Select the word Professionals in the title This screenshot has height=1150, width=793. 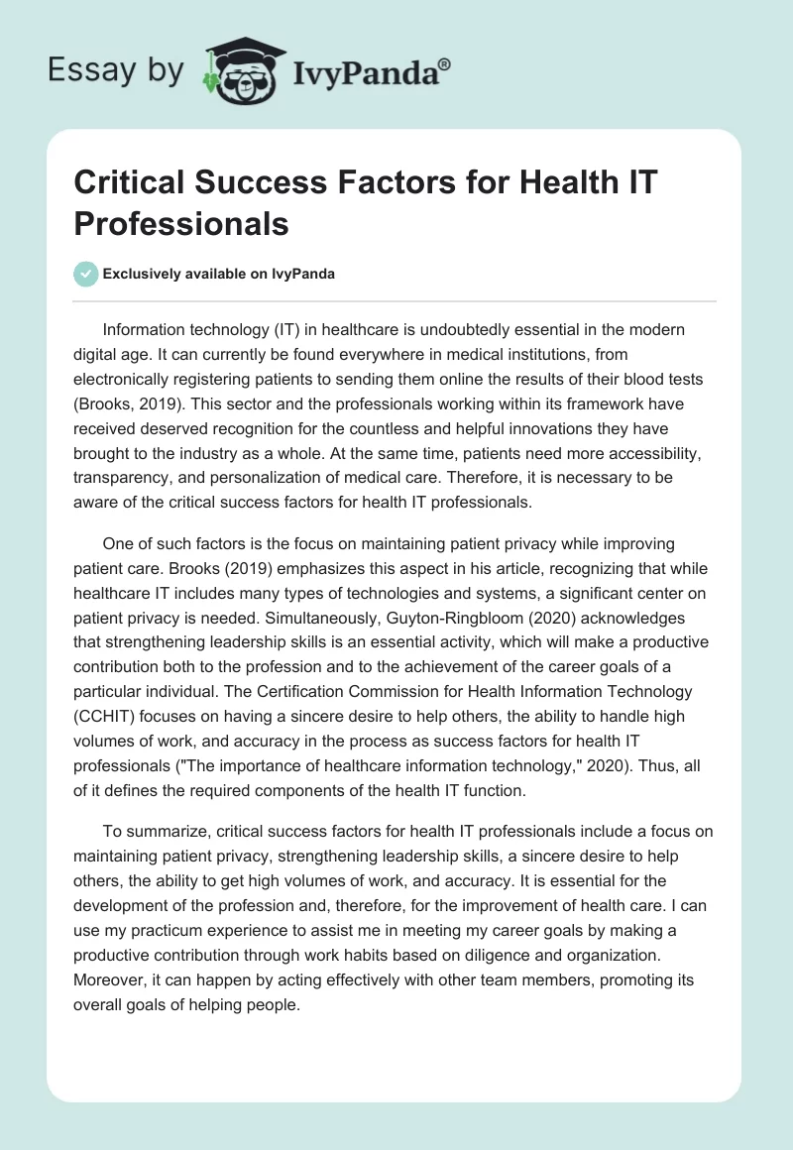[x=181, y=224]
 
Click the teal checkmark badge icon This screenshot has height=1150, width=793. [x=86, y=275]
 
